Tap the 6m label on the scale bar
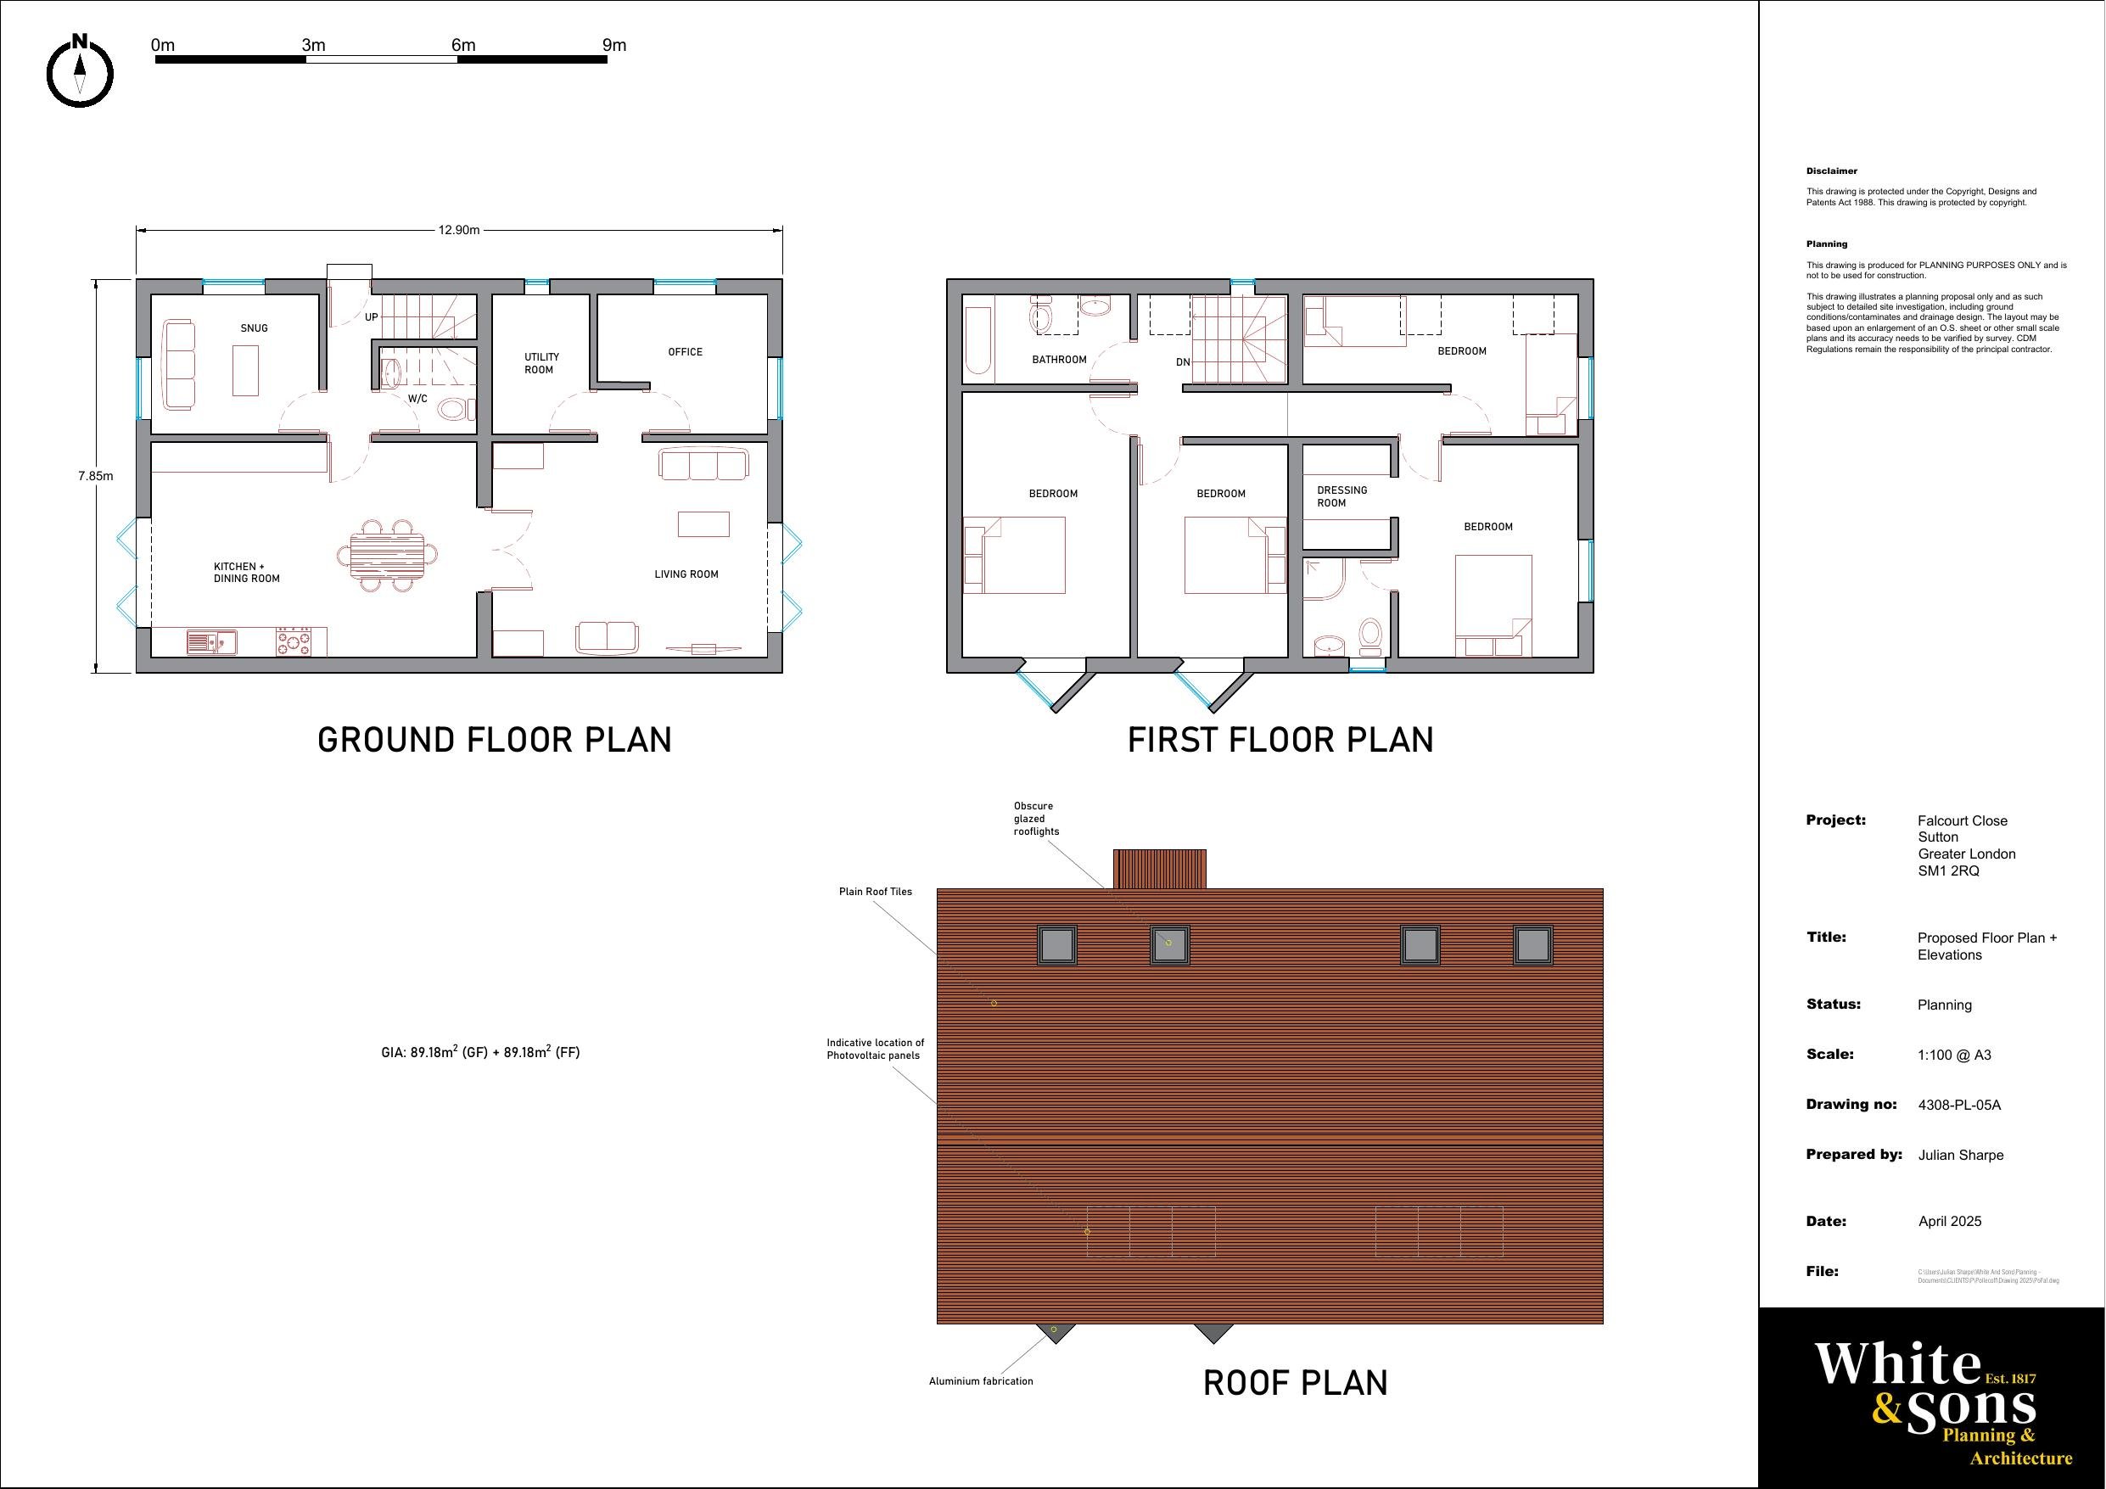(463, 45)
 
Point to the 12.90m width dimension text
(459, 230)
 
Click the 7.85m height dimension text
(95, 476)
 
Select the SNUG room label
(254, 328)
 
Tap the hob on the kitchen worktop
(294, 641)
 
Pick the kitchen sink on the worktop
(211, 641)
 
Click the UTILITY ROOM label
(541, 363)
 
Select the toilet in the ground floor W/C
(451, 408)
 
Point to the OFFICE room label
(686, 352)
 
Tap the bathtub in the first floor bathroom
(978, 341)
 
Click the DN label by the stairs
(1182, 362)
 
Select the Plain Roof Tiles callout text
(875, 892)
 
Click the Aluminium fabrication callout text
(981, 1381)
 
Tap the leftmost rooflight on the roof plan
(1056, 945)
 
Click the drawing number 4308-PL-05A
(1959, 1106)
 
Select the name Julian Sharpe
(1960, 1155)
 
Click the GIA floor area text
(479, 1052)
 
